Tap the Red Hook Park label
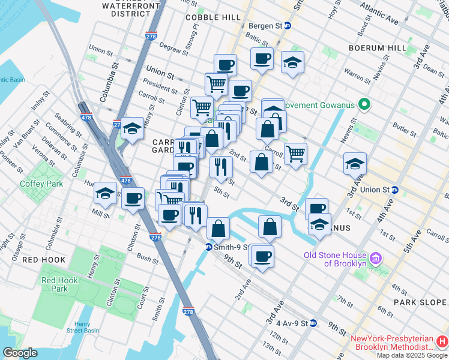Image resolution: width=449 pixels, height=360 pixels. coord(55,284)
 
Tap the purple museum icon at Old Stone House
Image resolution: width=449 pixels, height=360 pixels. coord(376,259)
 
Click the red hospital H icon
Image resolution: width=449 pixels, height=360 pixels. coord(442,341)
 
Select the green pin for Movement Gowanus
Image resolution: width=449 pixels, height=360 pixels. coord(364,104)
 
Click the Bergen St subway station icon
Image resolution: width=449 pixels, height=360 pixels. coord(288,26)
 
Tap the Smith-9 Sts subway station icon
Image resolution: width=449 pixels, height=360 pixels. coord(208,247)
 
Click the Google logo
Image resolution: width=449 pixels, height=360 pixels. coord(20,353)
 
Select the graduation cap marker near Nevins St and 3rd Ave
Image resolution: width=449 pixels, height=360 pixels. coord(355,163)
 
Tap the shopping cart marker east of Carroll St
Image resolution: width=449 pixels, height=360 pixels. coord(295,154)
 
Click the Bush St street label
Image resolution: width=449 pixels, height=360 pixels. coord(147,258)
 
